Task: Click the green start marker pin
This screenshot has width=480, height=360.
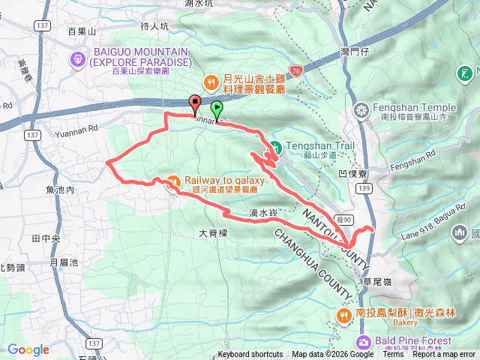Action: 217,109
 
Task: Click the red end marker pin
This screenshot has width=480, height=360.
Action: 195,103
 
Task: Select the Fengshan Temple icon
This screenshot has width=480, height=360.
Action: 362,110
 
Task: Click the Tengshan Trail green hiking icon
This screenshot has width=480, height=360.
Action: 275,146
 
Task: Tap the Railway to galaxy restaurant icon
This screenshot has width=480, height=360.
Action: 173,181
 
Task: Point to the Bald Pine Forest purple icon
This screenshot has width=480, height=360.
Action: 364,342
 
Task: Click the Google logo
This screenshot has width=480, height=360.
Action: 28,349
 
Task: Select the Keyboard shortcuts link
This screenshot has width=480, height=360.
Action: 250,355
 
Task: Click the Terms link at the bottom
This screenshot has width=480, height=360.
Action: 393,355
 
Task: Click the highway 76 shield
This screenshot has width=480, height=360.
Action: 296,70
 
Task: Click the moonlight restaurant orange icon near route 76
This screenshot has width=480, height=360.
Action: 211,77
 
